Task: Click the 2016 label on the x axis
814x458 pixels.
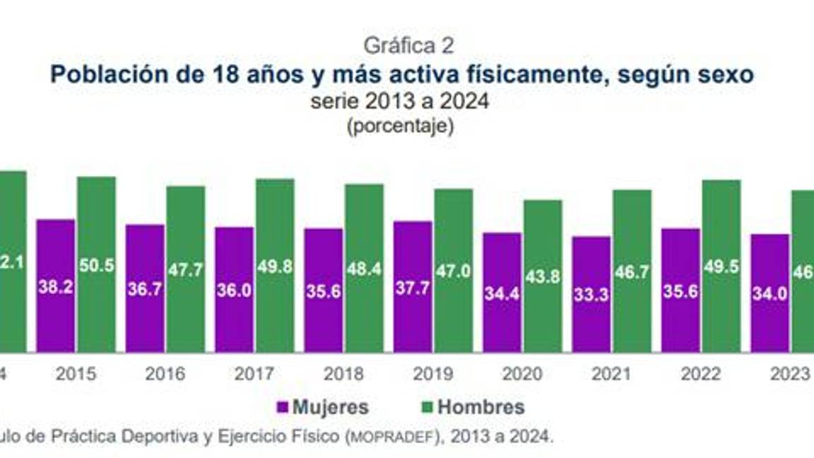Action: (165, 374)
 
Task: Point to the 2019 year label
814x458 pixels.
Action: (433, 374)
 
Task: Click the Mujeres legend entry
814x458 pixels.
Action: (323, 407)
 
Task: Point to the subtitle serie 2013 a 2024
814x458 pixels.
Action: (399, 101)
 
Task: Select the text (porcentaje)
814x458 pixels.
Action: (399, 127)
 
